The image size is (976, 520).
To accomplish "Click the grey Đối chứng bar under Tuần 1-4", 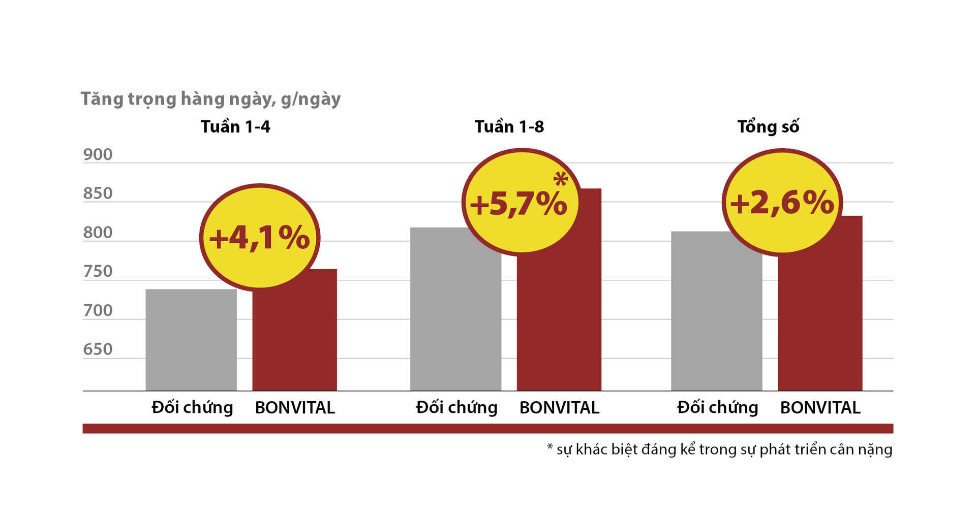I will coord(191,340).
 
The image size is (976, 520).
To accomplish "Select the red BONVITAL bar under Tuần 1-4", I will coord(295,340).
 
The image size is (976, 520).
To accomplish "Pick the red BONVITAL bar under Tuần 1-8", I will coord(559,325).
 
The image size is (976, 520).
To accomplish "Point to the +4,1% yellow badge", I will coord(259,237).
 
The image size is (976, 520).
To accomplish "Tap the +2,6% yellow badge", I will coord(782,202).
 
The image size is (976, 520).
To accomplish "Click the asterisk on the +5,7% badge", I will coord(561,179).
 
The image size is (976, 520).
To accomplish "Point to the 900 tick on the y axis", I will coord(98,154).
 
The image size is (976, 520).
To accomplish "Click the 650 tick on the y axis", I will coord(98,349).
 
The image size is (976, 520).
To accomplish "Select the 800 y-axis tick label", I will coord(98,233).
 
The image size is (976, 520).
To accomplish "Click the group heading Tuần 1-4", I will coord(235,126).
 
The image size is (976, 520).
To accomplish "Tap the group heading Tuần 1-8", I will coord(509,126).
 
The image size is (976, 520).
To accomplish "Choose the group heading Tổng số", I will coord(768,126).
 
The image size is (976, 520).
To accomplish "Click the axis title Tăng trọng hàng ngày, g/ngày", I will coord(210,99).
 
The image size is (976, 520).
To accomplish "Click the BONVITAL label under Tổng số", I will coord(820,408).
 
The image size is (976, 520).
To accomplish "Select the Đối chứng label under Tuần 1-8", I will coord(456,408).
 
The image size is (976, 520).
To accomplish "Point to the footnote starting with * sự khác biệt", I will coord(719,449).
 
